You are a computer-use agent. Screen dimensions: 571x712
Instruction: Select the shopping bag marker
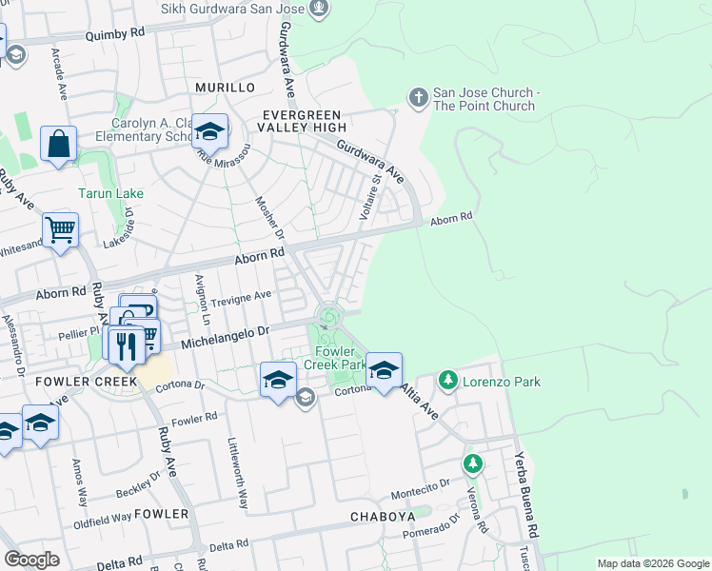[58, 146]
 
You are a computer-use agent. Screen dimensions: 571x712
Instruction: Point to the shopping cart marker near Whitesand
[60, 229]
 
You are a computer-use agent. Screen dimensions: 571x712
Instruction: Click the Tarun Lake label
[110, 193]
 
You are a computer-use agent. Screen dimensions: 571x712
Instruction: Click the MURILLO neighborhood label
[225, 88]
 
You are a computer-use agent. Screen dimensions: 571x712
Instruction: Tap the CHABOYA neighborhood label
[384, 517]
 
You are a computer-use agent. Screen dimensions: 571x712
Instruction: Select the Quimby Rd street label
[114, 32]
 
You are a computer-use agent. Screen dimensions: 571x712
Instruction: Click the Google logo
[32, 560]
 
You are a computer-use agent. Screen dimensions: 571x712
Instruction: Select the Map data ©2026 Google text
[653, 563]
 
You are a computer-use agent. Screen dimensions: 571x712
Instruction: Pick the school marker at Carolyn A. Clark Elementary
[209, 131]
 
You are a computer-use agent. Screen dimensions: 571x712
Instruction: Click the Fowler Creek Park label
[335, 357]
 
